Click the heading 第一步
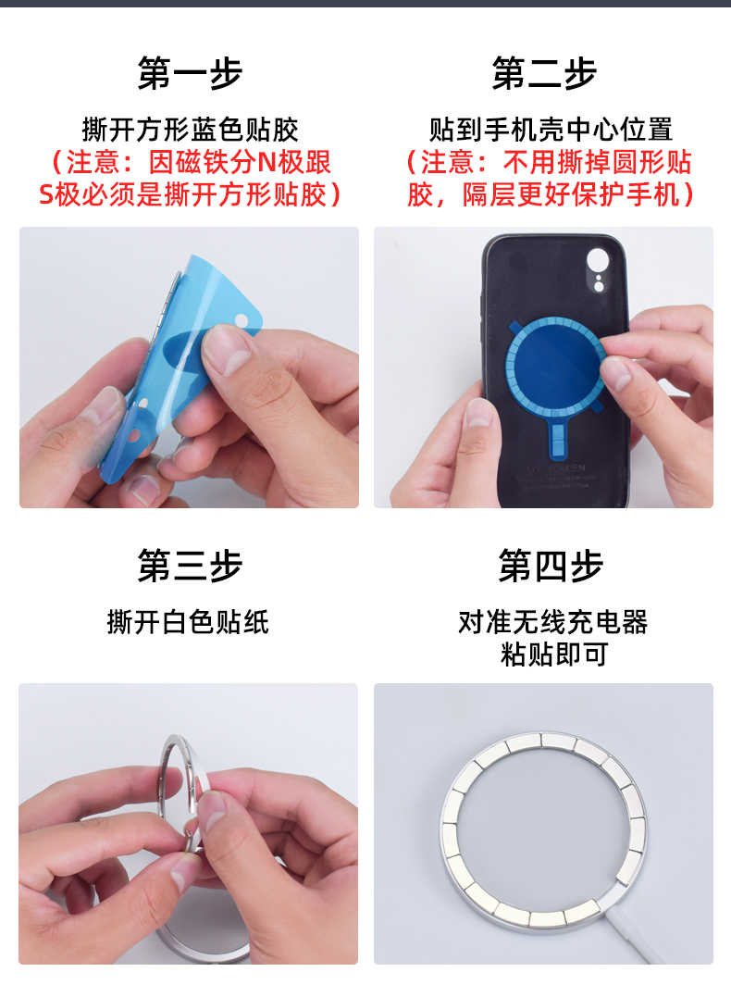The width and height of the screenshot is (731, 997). click(x=190, y=73)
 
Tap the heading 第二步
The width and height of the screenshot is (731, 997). click(x=544, y=73)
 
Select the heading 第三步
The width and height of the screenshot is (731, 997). click(x=190, y=566)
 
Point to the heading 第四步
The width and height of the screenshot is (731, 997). click(x=551, y=566)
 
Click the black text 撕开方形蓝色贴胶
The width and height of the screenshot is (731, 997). click(x=190, y=130)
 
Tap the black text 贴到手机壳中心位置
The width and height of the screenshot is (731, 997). click(x=551, y=130)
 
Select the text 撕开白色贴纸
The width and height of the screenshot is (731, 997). click(x=188, y=622)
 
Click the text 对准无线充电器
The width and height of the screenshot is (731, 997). click(x=553, y=622)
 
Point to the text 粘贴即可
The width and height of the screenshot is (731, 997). click(x=554, y=654)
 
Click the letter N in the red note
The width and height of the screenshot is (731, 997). click(x=266, y=163)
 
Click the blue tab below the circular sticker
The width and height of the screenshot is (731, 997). click(x=557, y=438)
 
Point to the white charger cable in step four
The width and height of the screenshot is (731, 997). click(x=628, y=939)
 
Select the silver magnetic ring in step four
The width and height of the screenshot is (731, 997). click(x=444, y=827)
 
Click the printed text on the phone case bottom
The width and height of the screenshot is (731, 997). click(x=554, y=476)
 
